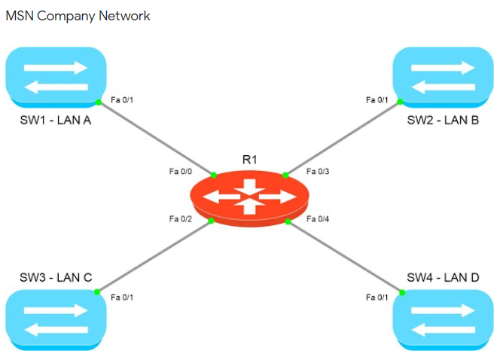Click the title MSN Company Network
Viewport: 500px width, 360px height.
(78, 16)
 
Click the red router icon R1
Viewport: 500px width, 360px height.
(249, 197)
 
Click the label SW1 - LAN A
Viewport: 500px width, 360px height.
(56, 120)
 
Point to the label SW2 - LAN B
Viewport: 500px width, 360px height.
(443, 120)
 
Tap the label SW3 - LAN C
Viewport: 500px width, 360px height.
(56, 278)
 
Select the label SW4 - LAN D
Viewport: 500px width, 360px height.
(443, 278)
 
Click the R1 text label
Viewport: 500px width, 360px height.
(249, 160)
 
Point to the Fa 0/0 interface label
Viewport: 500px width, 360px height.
(181, 172)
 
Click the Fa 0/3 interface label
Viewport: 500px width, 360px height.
(318, 172)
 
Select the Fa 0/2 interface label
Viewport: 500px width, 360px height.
(181, 219)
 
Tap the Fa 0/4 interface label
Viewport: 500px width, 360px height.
(318, 219)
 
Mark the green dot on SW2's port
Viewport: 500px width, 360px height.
(401, 102)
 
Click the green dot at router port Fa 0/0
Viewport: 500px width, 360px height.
(214, 175)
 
